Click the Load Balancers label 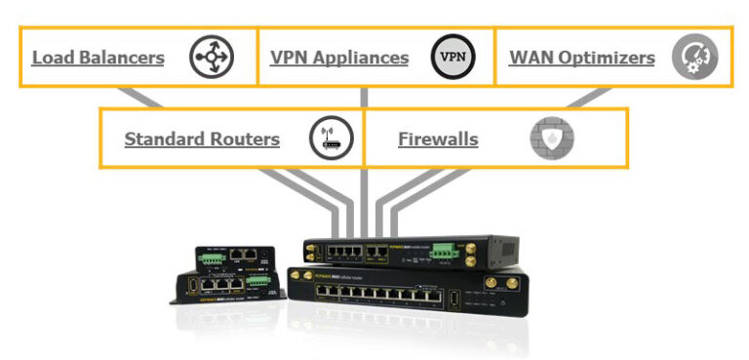pyautogui.click(x=98, y=58)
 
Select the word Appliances pyautogui.click(x=362, y=58)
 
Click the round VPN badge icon pyautogui.click(x=453, y=58)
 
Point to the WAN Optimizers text pyautogui.click(x=581, y=58)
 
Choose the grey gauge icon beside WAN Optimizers pyautogui.click(x=694, y=58)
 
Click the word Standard pyautogui.click(x=160, y=140)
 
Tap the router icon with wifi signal pyautogui.click(x=329, y=140)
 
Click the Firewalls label pyautogui.click(x=438, y=140)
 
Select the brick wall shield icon pyautogui.click(x=552, y=140)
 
